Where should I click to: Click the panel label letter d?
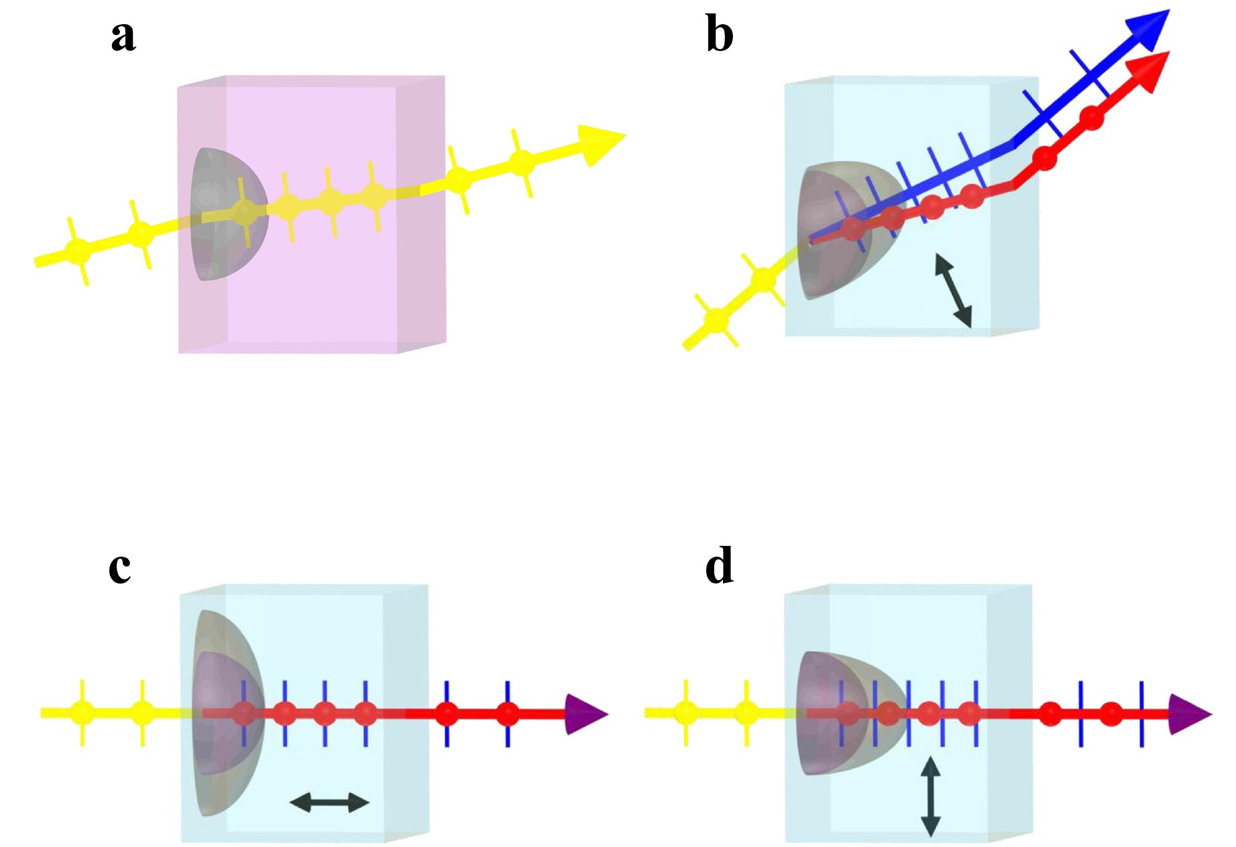pos(720,565)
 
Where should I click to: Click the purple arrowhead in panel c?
pos(585,714)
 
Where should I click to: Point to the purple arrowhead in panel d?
pos(1190,714)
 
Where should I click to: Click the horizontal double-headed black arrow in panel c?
pos(329,802)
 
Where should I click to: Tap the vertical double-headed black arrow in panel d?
pos(930,797)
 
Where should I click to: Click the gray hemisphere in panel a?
pos(229,213)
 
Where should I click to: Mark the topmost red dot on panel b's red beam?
pos(1092,119)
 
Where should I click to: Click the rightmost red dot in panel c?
pos(508,714)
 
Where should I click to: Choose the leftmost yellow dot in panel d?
pos(685,712)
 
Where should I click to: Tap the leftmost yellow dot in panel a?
pos(78,251)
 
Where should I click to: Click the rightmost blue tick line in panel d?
pos(1141,714)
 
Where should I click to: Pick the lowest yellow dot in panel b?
pos(717,319)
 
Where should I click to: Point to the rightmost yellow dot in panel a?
pos(522,162)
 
